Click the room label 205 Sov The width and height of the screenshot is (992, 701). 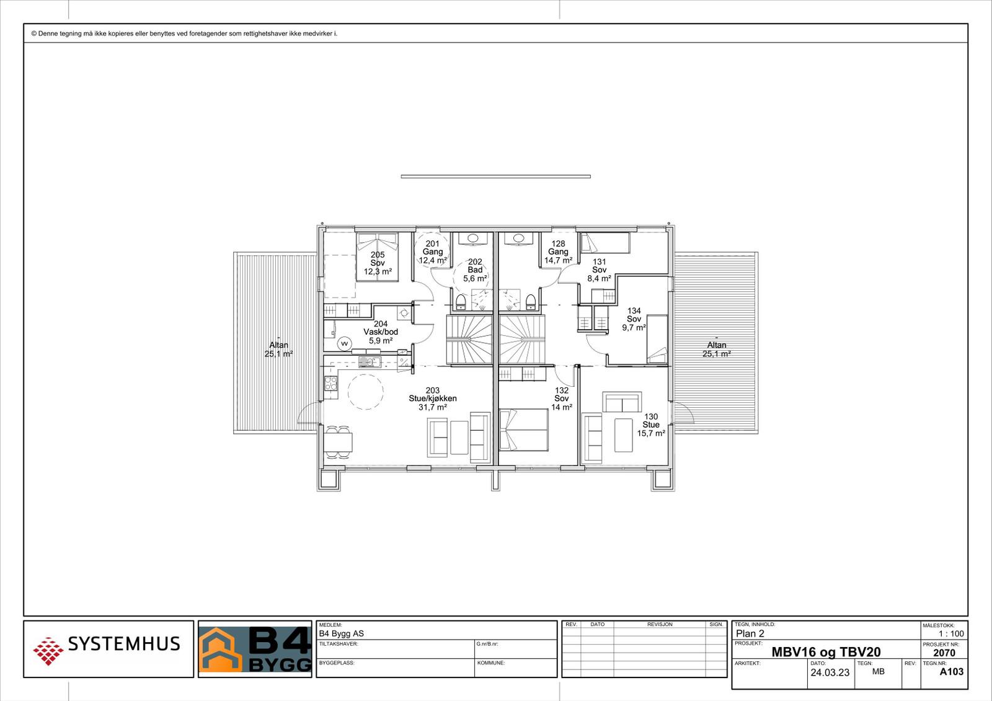(378, 263)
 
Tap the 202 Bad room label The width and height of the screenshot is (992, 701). (475, 270)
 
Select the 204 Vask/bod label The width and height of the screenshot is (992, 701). (381, 332)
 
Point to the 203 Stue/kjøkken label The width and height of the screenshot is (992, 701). (432, 399)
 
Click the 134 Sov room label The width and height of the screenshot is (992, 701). (634, 319)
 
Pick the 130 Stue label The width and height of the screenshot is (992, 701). (651, 425)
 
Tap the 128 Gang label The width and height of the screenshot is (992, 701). (558, 252)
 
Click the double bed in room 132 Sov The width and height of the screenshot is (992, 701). (524, 430)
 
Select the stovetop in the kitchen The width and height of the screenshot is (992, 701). (331, 383)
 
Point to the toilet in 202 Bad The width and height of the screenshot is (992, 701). (461, 302)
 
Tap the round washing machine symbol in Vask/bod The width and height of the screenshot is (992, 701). (344, 343)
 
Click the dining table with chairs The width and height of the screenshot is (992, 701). (337, 442)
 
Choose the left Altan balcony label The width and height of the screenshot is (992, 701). (278, 350)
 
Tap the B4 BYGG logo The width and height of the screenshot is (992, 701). (255, 649)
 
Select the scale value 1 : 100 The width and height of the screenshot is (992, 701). (951, 633)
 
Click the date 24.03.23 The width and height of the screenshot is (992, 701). (830, 672)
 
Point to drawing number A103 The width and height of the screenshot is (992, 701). (951, 671)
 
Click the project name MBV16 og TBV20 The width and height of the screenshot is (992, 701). (825, 652)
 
